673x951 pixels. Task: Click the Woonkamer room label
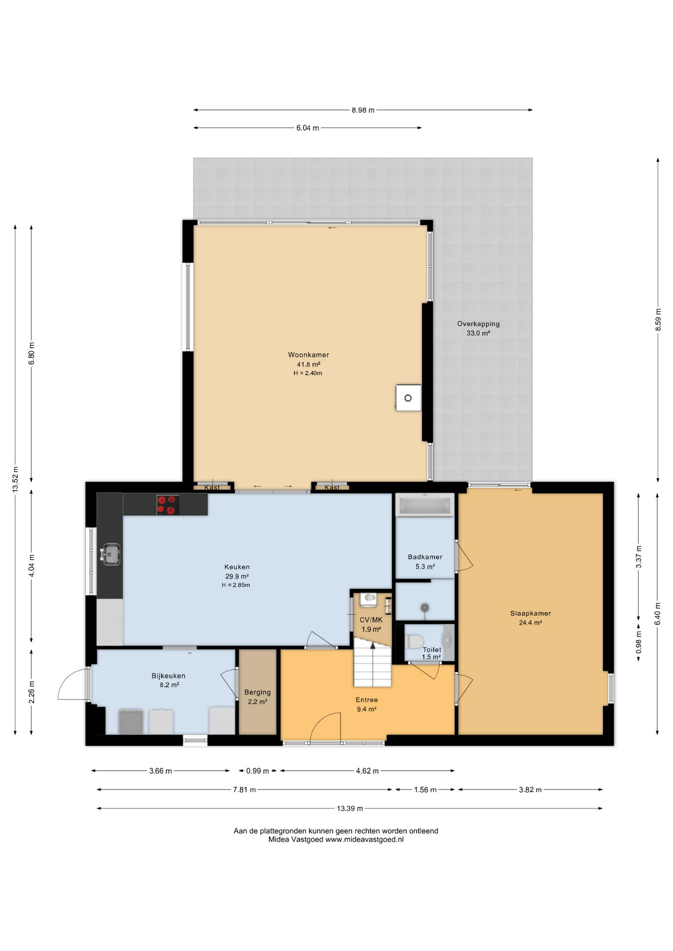308,355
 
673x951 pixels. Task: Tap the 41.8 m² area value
308,364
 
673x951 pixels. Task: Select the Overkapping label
478,324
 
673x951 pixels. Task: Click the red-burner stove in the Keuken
168,505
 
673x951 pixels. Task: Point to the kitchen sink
111,554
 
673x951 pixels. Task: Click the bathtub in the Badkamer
425,505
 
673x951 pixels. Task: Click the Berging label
258,692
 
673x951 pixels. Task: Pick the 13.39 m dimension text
350,808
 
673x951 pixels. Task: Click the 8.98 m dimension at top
363,110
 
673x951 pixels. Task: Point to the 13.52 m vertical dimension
15,479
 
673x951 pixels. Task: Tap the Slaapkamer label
530,613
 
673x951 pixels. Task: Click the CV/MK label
371,620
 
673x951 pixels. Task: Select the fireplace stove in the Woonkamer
408,398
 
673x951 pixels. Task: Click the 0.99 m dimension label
258,771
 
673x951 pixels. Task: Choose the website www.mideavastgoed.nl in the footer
364,839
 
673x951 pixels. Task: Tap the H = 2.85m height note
236,585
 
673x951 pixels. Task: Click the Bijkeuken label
168,676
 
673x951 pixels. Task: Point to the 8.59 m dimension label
658,319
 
